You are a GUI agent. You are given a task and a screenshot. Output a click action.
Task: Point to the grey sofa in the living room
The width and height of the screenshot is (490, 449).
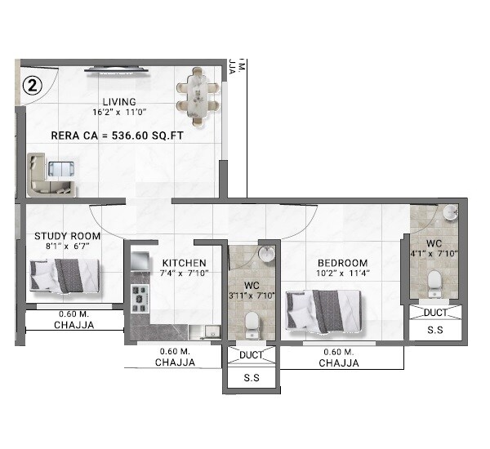click(41, 174)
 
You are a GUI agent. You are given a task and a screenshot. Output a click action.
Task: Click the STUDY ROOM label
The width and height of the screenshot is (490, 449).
click(61, 237)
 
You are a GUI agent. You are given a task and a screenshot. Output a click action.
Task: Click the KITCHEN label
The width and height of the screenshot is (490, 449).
click(183, 262)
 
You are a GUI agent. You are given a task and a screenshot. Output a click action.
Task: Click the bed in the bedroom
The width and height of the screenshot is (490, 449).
click(323, 313)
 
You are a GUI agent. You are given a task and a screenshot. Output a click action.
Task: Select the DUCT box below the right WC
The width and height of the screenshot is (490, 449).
click(434, 313)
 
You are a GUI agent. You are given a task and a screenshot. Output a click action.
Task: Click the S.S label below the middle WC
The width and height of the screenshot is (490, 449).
click(252, 379)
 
